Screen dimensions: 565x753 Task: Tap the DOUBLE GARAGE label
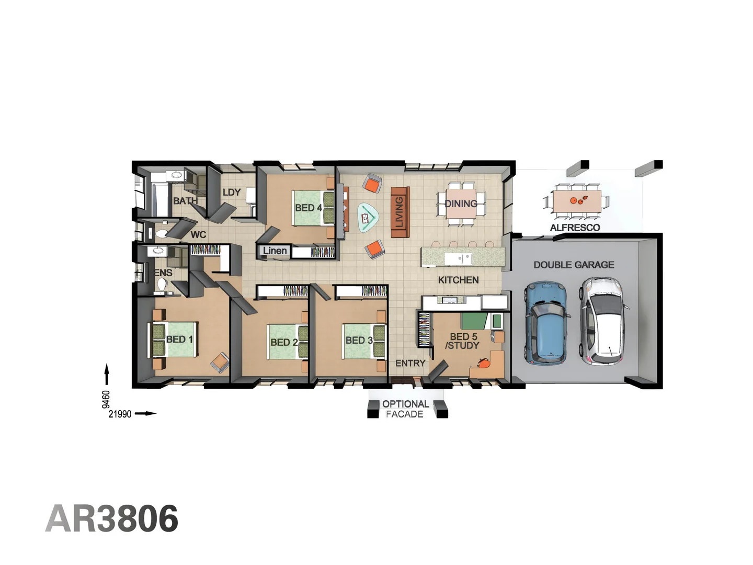tap(574, 265)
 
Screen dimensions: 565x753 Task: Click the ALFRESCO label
tap(575, 228)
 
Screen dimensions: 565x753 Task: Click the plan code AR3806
tap(112, 518)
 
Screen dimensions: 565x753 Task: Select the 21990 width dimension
tap(120, 414)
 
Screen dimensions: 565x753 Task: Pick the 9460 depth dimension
tap(106, 399)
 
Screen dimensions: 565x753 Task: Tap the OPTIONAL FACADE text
tap(405, 409)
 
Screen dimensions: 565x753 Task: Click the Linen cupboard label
tap(275, 251)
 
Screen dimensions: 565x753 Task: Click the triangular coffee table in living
tap(368, 217)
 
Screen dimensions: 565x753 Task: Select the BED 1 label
tap(179, 340)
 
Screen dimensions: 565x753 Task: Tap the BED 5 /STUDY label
tap(463, 341)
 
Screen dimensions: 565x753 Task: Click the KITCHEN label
tap(458, 280)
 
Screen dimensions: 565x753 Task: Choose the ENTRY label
tap(410, 363)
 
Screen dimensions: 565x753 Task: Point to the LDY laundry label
tap(231, 193)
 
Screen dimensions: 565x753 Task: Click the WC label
tap(198, 234)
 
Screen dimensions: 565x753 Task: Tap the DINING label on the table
tap(461, 204)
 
